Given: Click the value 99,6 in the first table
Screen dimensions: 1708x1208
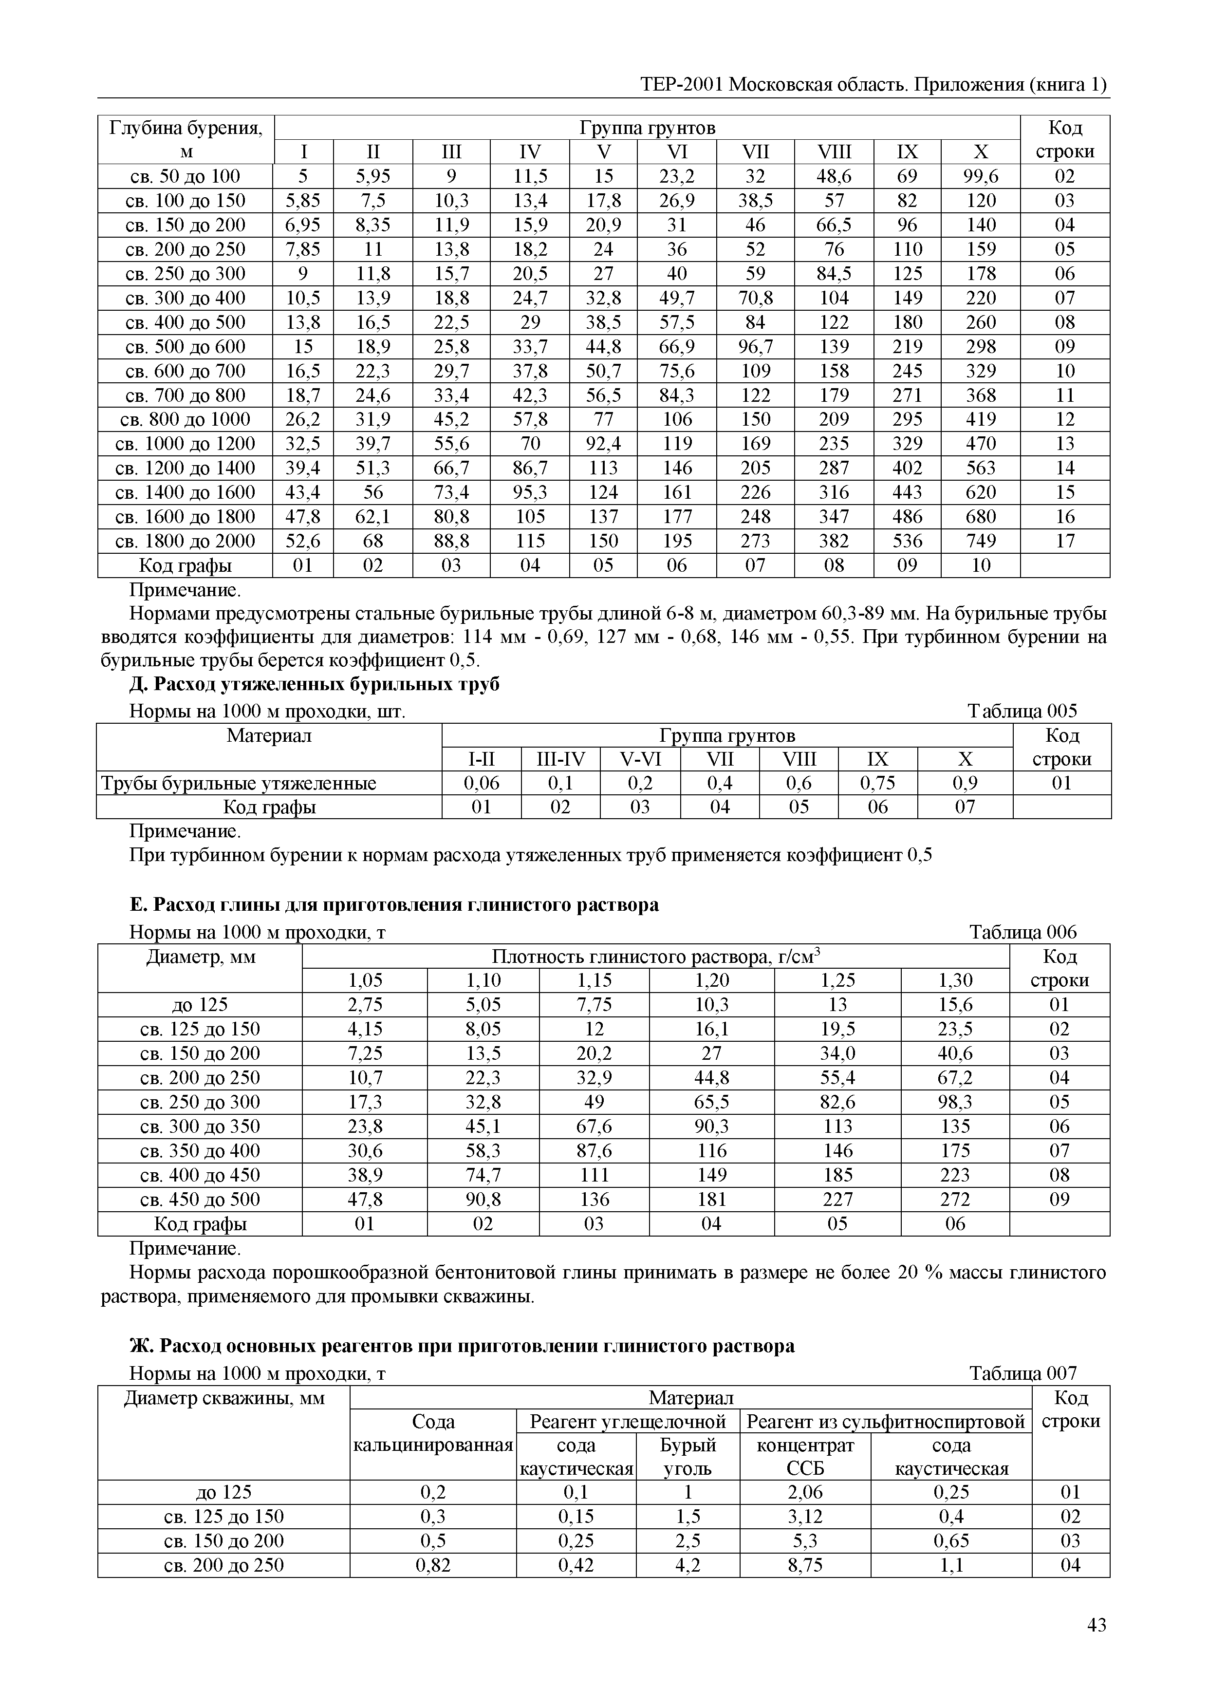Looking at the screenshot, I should [x=981, y=176].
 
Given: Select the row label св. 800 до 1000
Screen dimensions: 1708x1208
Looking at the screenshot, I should [x=185, y=419].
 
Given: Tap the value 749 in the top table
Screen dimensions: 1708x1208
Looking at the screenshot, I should [x=981, y=541].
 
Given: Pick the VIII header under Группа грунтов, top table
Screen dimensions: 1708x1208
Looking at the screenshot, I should [x=834, y=152].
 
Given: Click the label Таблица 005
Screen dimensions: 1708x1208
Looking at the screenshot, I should [x=1022, y=711].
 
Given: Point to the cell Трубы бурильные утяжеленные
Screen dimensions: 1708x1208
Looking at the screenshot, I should [x=239, y=783].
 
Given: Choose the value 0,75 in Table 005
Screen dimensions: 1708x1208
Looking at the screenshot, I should [x=878, y=783].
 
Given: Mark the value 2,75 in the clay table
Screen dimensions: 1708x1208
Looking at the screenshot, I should [x=365, y=1005].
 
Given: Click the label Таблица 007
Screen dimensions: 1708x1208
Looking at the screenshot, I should [x=1022, y=1373].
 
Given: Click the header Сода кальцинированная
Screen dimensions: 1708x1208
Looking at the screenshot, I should [x=433, y=1433].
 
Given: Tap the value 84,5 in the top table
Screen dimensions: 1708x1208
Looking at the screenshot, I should [x=834, y=274].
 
